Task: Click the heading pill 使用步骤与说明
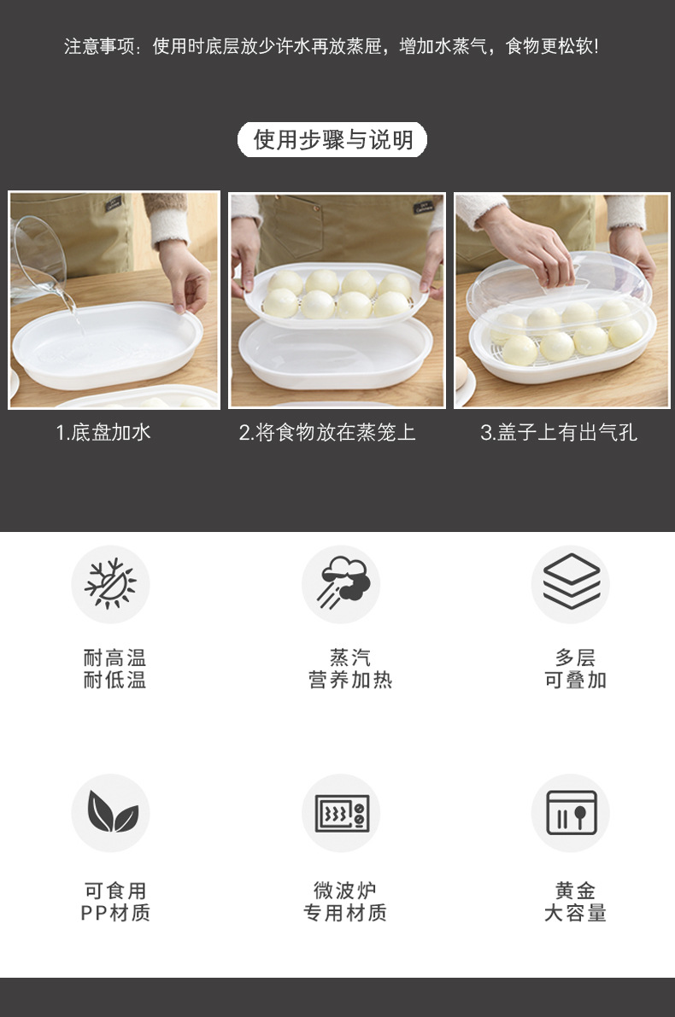click(332, 139)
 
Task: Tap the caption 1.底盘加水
click(103, 432)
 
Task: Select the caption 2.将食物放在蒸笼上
click(327, 432)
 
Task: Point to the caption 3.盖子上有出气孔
click(559, 432)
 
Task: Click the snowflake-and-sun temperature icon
click(110, 584)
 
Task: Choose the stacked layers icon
click(571, 584)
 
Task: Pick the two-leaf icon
click(110, 813)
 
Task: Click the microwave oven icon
click(341, 813)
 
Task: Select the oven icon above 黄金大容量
click(571, 813)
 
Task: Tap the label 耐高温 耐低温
click(114, 669)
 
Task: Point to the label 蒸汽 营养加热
click(349, 669)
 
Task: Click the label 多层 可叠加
click(575, 669)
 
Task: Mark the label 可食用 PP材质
click(114, 902)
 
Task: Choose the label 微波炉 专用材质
click(345, 902)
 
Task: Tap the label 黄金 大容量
click(575, 902)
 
